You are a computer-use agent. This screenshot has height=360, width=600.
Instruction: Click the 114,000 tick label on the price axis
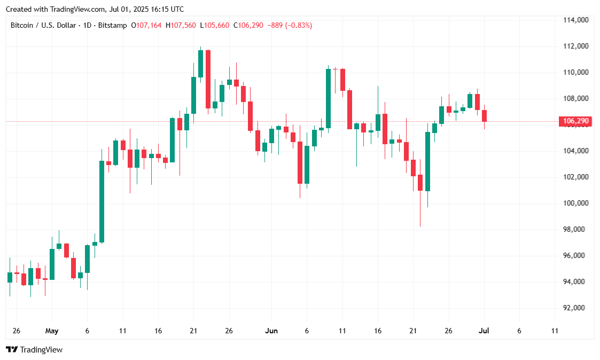coord(575,20)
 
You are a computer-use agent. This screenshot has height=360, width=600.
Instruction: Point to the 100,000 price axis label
coord(575,204)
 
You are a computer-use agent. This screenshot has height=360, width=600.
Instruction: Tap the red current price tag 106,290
coord(575,121)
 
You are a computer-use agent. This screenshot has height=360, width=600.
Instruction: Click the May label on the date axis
coord(51,331)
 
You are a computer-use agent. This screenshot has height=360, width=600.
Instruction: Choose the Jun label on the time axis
coord(271,331)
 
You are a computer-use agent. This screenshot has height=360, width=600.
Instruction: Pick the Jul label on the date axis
coord(484,331)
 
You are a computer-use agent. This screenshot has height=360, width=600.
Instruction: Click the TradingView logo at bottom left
coord(34,350)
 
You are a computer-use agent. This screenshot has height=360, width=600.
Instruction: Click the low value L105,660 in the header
coord(215,25)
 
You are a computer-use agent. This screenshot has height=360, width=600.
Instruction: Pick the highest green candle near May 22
coord(200,63)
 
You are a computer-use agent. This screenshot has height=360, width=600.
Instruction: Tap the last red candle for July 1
coord(484,116)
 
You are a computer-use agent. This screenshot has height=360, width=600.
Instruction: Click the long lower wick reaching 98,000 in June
coord(420,208)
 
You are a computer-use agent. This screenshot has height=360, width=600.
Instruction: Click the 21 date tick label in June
coord(413,331)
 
